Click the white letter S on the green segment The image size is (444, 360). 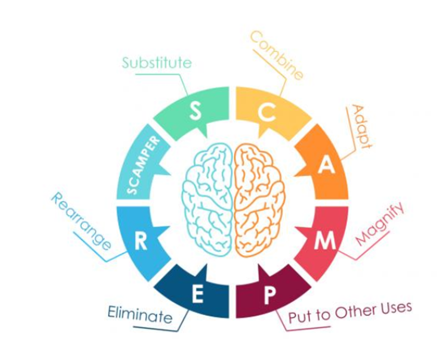(x=196, y=111)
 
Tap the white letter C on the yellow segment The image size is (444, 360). (x=267, y=111)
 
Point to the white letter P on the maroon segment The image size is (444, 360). (x=269, y=295)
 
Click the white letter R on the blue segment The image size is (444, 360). (x=141, y=240)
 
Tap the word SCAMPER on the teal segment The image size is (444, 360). (x=143, y=165)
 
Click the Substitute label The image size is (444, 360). (x=157, y=62)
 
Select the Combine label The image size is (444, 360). (x=277, y=55)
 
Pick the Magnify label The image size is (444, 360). (x=379, y=223)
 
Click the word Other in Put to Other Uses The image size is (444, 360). (x=354, y=311)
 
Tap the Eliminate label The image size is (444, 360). (x=140, y=314)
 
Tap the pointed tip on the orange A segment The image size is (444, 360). (x=295, y=175)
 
